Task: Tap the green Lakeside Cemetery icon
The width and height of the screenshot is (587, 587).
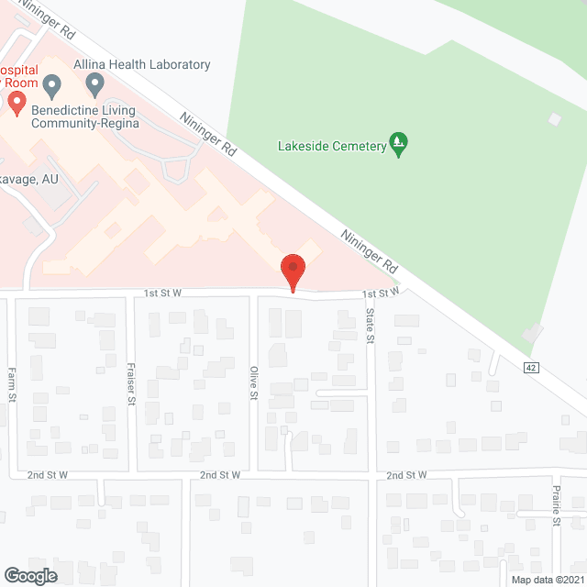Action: pyautogui.click(x=398, y=143)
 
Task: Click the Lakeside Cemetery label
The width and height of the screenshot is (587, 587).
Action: pyautogui.click(x=331, y=146)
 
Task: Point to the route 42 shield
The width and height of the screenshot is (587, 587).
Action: pyautogui.click(x=531, y=368)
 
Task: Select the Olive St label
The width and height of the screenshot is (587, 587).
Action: pyautogui.click(x=254, y=382)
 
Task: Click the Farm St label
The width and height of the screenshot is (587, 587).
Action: pyautogui.click(x=12, y=385)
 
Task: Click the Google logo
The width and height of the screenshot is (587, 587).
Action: pyautogui.click(x=29, y=575)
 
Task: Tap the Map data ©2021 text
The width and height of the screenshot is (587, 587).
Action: pyautogui.click(x=547, y=579)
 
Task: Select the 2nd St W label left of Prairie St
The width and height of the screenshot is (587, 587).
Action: pyautogui.click(x=407, y=475)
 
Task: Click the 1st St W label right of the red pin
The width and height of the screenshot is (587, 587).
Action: pyautogui.click(x=382, y=293)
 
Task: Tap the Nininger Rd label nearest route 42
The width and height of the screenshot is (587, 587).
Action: pyautogui.click(x=369, y=252)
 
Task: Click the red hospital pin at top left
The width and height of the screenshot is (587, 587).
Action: pyautogui.click(x=17, y=102)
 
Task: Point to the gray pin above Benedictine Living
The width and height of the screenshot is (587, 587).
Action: pyautogui.click(x=51, y=86)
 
